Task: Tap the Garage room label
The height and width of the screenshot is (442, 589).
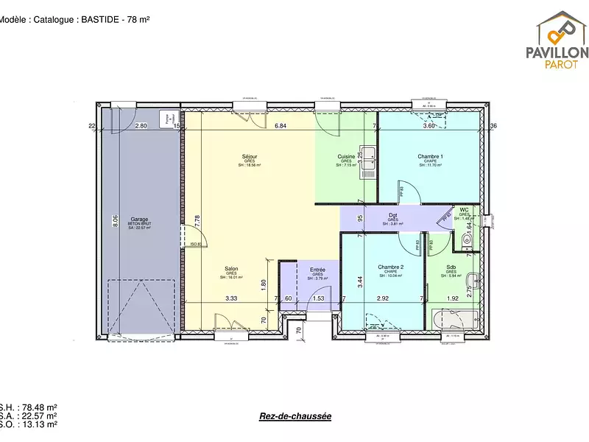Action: (140, 220)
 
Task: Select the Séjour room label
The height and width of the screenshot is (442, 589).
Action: (249, 157)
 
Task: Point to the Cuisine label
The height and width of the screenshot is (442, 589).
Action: (346, 157)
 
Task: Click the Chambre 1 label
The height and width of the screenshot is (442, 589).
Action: (430, 157)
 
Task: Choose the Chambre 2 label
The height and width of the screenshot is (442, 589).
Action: (390, 267)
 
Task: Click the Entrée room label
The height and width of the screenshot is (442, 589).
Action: (317, 270)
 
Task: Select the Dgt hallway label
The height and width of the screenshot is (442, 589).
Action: (393, 216)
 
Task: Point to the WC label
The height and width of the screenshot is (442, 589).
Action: (464, 210)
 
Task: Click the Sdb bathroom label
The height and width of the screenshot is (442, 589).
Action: (451, 267)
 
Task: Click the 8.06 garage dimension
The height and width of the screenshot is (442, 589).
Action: (115, 220)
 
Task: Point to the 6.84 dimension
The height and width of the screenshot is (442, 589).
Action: (280, 127)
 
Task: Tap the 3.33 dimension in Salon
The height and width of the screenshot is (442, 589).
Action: (230, 298)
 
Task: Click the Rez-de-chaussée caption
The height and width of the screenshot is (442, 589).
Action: (295, 416)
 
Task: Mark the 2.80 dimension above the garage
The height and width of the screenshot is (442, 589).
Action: (141, 127)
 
